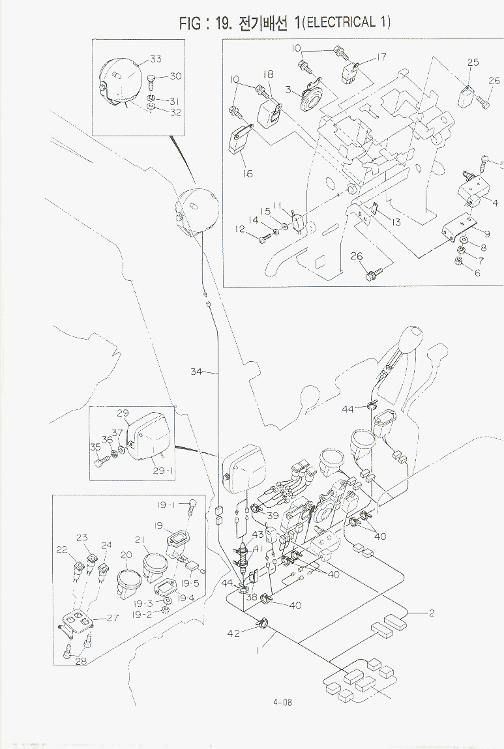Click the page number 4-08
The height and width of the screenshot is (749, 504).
(x=282, y=702)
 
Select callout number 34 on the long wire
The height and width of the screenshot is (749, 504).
(x=197, y=372)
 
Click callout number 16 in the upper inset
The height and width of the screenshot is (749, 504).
(x=247, y=174)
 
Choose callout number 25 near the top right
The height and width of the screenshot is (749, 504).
(x=473, y=63)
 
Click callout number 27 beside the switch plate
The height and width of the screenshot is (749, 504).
(x=112, y=618)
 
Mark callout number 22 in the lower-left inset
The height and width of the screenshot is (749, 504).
(x=62, y=550)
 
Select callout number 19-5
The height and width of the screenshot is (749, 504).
(x=190, y=583)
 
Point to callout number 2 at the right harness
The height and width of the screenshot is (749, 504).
(x=431, y=613)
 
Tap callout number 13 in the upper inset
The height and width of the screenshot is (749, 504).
(x=395, y=222)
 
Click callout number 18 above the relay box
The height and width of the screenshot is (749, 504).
(x=268, y=74)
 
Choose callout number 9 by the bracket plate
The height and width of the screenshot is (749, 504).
(x=486, y=233)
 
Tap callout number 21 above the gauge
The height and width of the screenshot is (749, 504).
(x=139, y=540)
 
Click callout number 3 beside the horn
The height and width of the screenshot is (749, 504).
(x=288, y=89)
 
